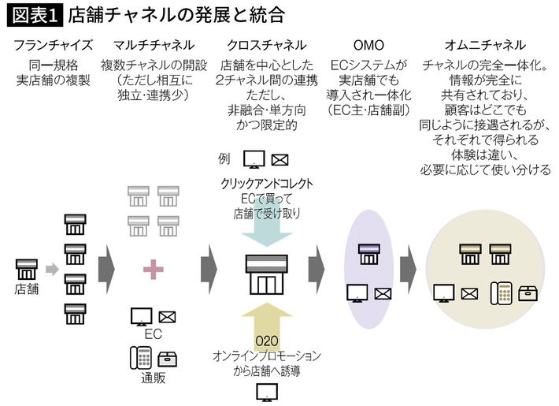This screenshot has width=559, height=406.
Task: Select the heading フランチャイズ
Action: pos(54,46)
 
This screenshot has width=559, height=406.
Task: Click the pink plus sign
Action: pos(153,270)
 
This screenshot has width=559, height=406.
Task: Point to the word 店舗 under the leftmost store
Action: pos(26,289)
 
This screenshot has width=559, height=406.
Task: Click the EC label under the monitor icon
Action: pos(153,334)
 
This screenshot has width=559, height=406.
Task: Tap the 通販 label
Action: pos(153,377)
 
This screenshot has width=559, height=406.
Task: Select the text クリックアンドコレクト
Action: pos(267,183)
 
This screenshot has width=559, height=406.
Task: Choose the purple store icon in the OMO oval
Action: pos(368,254)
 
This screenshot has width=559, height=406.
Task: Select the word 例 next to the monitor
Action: pos(224,158)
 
